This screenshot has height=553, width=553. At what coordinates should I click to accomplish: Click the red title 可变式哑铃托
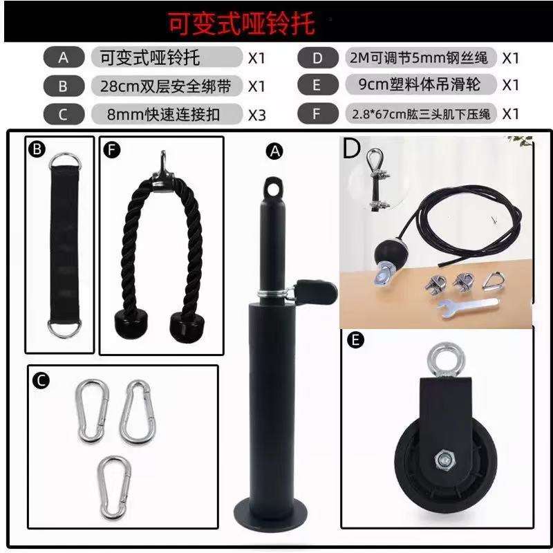tap(241, 24)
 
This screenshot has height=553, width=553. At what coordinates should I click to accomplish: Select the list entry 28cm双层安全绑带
tap(166, 86)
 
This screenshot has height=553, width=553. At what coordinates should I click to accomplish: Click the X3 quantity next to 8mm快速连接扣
tap(257, 113)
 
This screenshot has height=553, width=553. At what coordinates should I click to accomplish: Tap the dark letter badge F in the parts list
tap(317, 113)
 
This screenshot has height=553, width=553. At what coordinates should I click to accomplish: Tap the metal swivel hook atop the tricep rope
tap(163, 163)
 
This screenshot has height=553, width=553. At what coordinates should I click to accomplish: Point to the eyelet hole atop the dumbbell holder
tap(274, 187)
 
